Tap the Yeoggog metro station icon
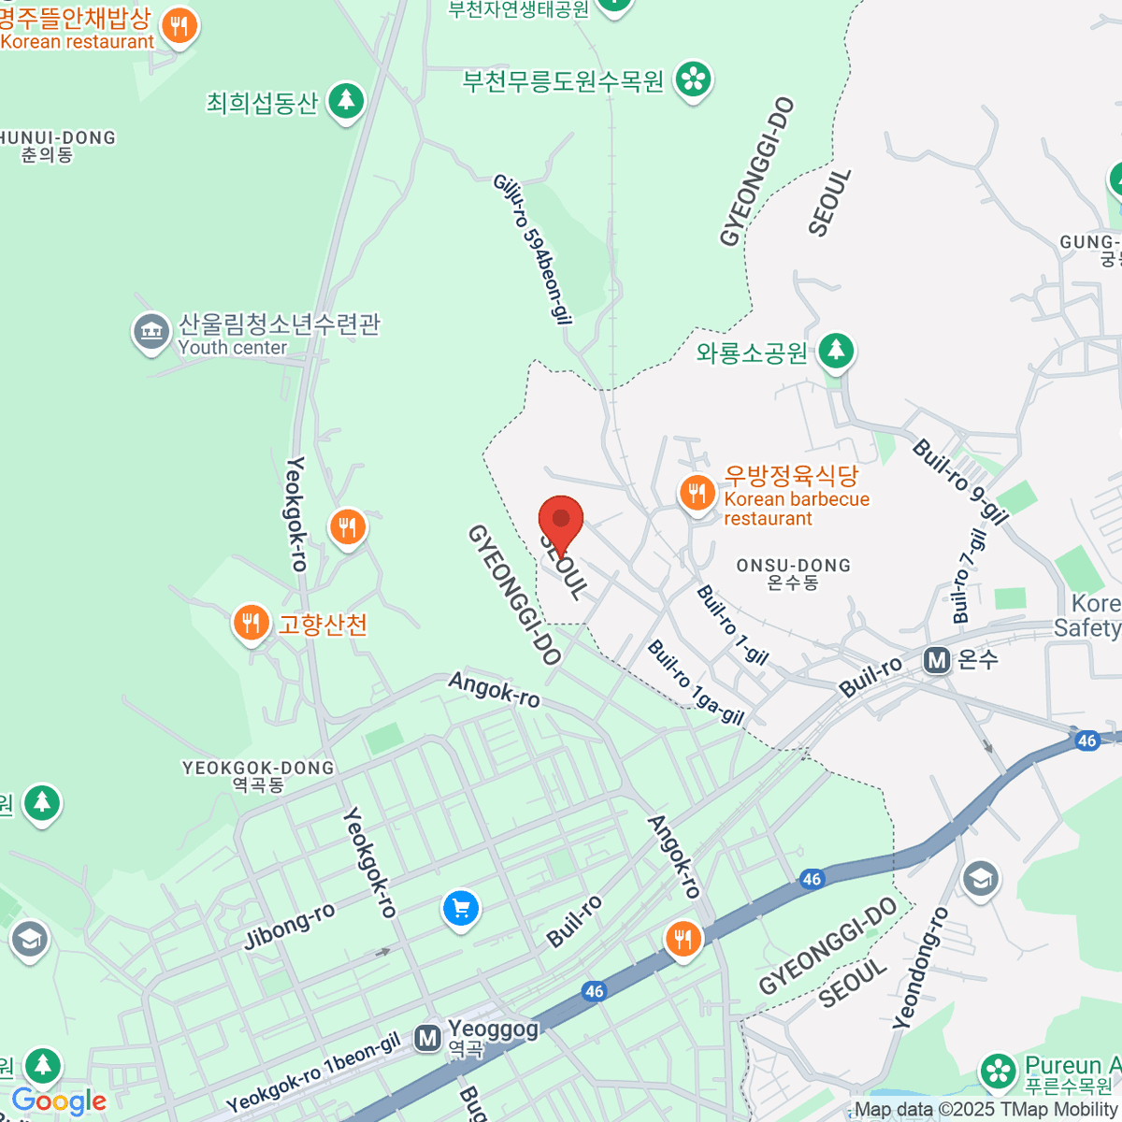pyautogui.click(x=428, y=1038)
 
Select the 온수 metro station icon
pyautogui.click(x=937, y=660)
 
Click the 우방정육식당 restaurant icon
pyautogui.click(x=697, y=492)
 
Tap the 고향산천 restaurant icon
pyautogui.click(x=251, y=622)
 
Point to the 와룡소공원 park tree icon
pyautogui.click(x=836, y=352)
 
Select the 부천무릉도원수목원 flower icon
pyautogui.click(x=694, y=79)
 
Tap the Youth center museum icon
pyautogui.click(x=151, y=332)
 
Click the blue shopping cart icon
pyautogui.click(x=460, y=907)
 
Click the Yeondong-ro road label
pyautogui.click(x=920, y=968)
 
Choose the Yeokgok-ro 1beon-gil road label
pyautogui.click(x=313, y=1072)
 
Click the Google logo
pyautogui.click(x=59, y=1100)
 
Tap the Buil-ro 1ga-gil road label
pyautogui.click(x=696, y=683)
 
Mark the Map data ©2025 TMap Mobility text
pyautogui.click(x=986, y=1110)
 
